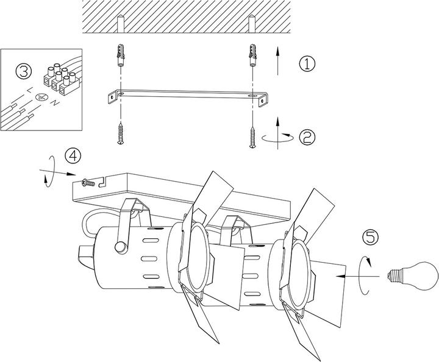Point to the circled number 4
[x=73, y=155]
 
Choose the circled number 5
[x=370, y=238]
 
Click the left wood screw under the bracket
[x=121, y=134]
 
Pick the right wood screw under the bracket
[x=251, y=134]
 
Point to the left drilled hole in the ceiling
[x=120, y=24]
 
